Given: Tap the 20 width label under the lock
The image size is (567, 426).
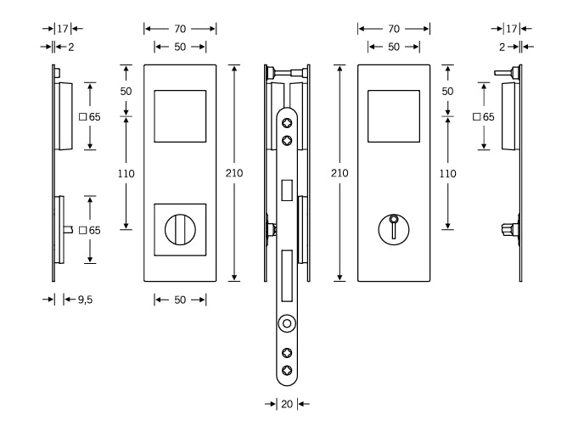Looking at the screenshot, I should point(287,404).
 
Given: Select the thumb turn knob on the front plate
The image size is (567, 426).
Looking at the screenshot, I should point(179,229).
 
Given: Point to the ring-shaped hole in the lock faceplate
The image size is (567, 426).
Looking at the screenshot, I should point(288,323).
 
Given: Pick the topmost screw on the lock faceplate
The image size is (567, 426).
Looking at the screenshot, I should point(288,122).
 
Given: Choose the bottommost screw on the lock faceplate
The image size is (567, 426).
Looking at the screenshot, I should point(288,369).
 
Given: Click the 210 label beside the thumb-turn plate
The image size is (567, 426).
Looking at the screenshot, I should point(235,173).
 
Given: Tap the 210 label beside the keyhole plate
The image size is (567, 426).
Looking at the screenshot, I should point(340,173).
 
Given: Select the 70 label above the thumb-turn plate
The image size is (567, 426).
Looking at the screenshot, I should point(179,28).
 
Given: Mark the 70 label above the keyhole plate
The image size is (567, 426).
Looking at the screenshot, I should point(393,28).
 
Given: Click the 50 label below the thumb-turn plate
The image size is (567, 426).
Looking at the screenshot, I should point(180,299).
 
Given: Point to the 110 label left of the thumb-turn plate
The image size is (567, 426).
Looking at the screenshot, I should point(126,173).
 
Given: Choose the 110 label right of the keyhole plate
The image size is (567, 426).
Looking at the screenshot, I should point(446,173).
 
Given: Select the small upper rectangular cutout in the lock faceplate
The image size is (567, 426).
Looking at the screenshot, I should point(288,188).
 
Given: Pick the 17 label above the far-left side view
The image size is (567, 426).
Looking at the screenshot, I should point(61,28).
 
